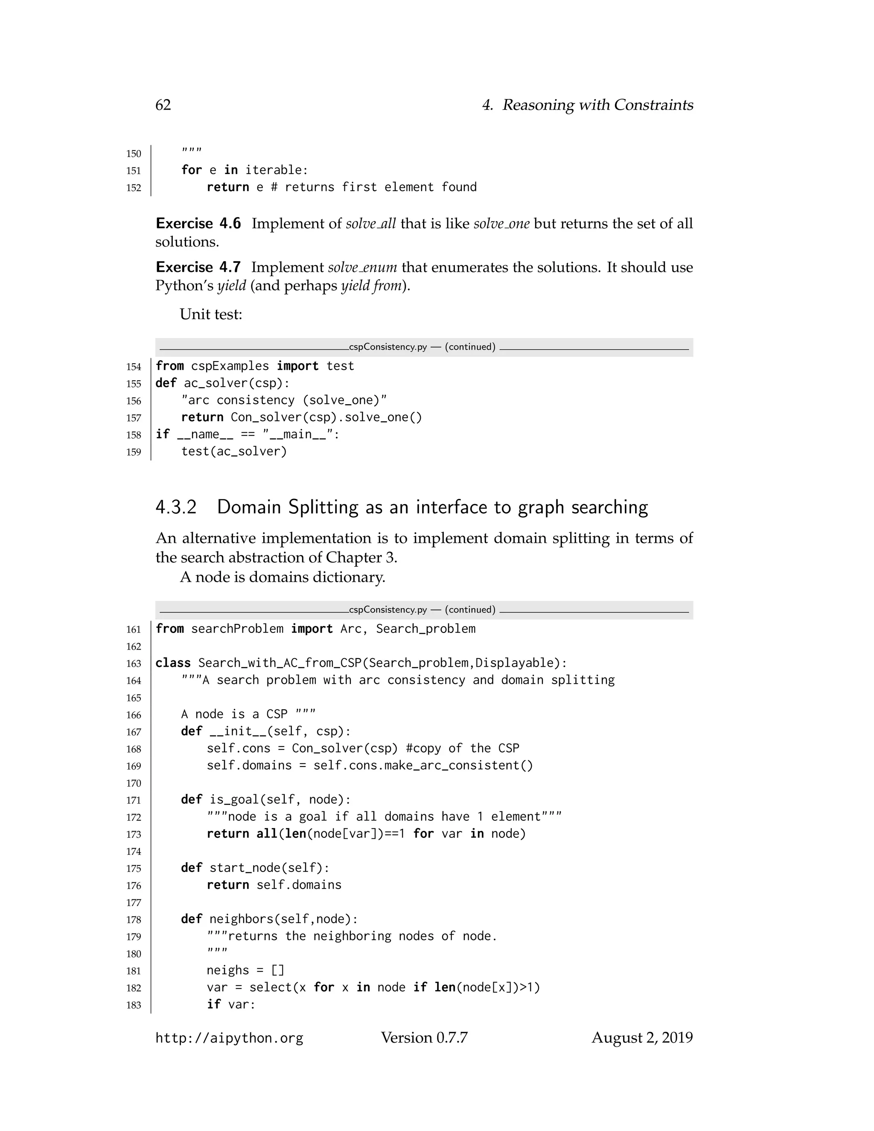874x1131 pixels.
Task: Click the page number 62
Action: tap(163, 105)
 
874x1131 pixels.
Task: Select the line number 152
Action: tap(134, 188)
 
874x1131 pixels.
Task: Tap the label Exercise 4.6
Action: tap(198, 224)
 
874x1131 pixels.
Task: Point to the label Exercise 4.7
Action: tap(198, 267)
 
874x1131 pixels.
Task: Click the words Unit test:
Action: tap(211, 315)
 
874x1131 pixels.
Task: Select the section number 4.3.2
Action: tap(176, 507)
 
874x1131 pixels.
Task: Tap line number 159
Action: tap(134, 452)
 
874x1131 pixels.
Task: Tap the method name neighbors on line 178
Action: tap(241, 919)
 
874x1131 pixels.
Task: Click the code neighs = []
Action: tap(245, 971)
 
